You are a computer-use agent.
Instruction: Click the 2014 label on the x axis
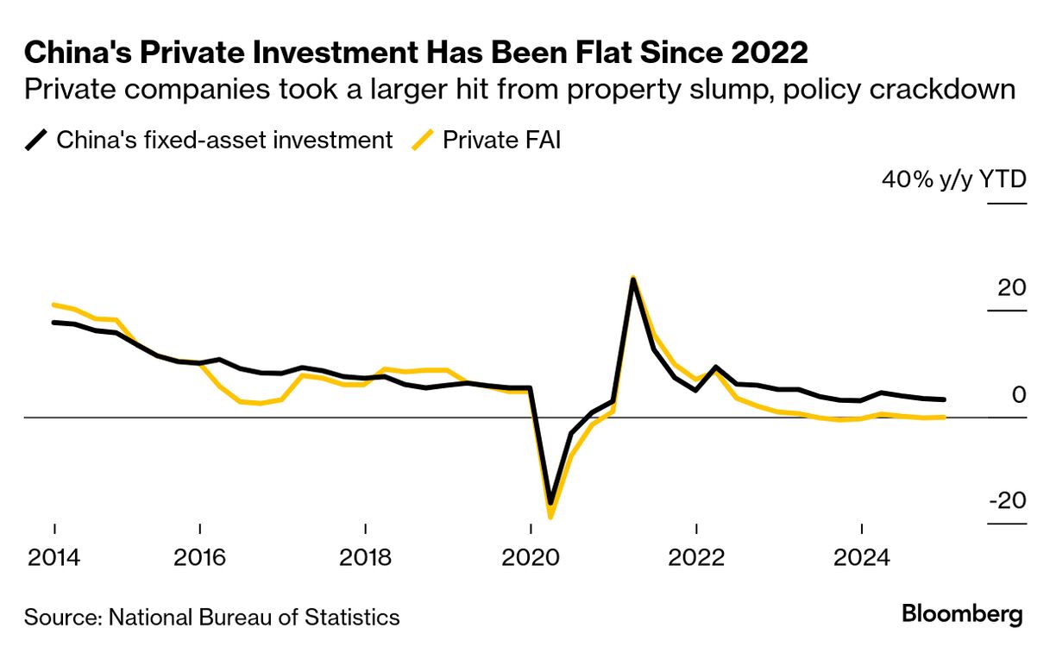(54, 557)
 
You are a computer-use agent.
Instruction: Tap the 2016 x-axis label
(200, 557)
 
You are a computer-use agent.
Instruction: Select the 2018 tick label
(366, 557)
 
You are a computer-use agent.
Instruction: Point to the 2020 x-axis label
(531, 557)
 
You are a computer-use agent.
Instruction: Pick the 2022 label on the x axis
(696, 557)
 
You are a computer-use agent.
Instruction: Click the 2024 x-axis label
(862, 557)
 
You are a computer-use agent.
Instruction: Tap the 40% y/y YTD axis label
(953, 180)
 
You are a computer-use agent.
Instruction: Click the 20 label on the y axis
(1011, 288)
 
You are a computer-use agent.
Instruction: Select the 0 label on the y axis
(1019, 395)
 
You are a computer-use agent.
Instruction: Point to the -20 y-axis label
(1006, 501)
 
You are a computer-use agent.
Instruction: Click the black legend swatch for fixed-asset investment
(36, 140)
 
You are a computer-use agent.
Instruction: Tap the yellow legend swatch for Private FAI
(422, 140)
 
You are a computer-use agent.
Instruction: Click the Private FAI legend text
(501, 140)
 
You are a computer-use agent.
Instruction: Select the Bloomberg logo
(962, 614)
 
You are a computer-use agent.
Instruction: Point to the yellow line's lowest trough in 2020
(550, 516)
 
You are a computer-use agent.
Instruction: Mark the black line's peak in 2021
(633, 281)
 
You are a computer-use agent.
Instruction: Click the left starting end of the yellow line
(54, 305)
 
